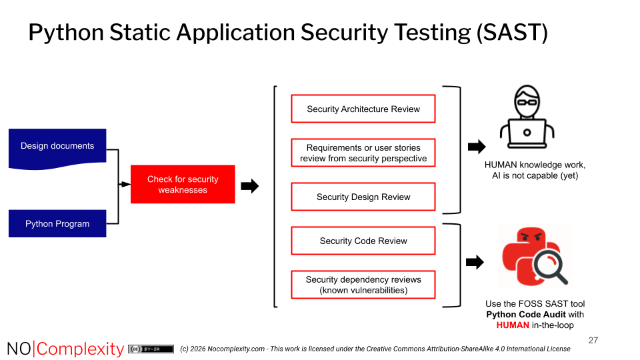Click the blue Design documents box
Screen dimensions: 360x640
57,147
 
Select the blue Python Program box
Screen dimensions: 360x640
57,224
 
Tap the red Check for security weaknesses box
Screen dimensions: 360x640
183,185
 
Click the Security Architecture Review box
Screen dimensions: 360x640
363,109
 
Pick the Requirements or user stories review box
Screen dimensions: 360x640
363,153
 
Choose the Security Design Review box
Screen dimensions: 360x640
363,197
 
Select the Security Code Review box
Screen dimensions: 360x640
363,241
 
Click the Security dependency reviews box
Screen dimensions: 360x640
363,285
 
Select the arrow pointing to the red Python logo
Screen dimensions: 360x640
475,263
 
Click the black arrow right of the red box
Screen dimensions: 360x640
249,187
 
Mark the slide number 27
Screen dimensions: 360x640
593,341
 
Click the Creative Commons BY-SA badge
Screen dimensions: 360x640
151,349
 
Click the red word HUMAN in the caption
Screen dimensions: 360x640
513,325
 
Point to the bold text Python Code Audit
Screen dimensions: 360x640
525,315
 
